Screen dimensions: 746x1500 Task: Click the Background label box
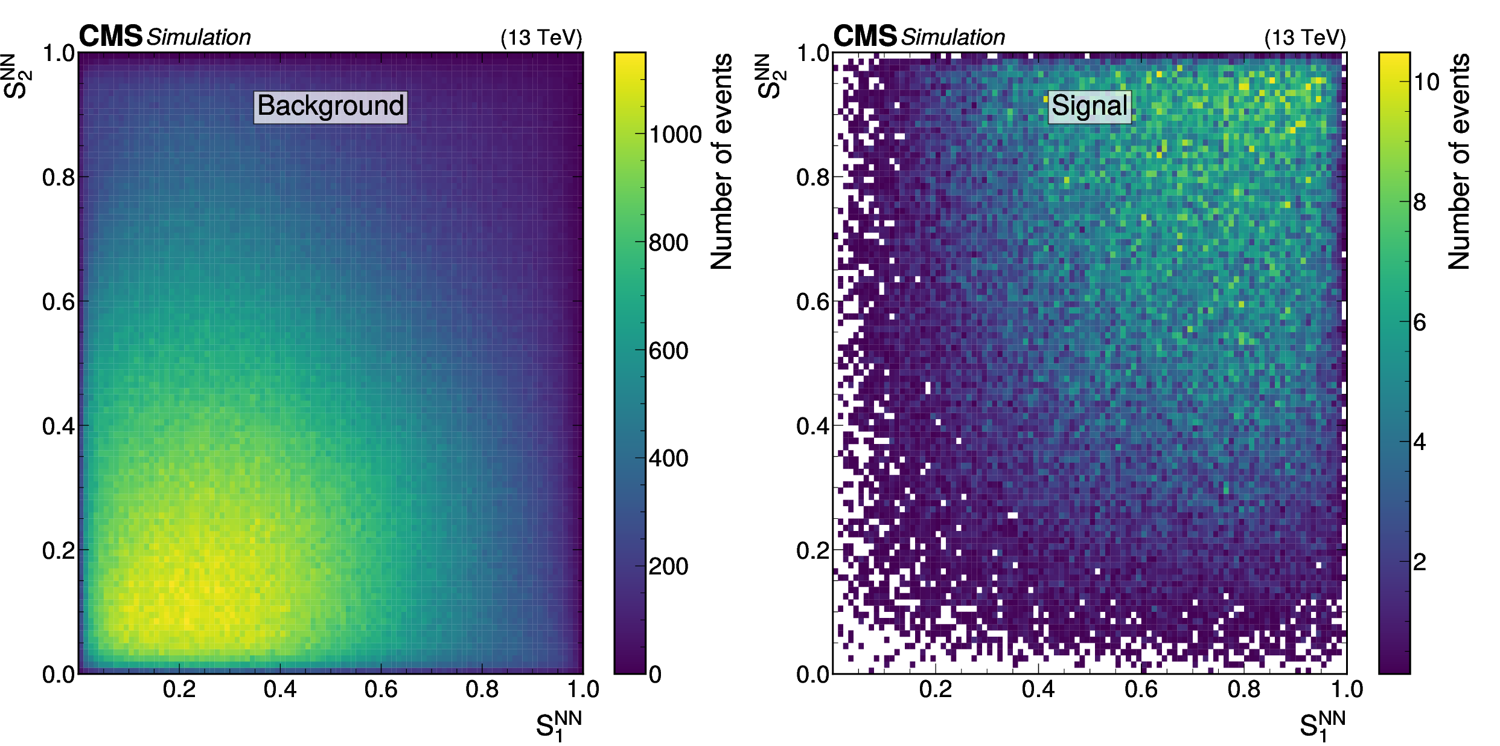pyautogui.click(x=330, y=106)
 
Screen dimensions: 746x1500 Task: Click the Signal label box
pyautogui.click(x=1089, y=106)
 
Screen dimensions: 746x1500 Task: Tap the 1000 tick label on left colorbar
pyautogui.click(x=675, y=135)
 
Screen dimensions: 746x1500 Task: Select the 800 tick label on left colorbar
pyautogui.click(x=668, y=243)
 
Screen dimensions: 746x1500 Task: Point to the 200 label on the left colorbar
pyautogui.click(x=668, y=567)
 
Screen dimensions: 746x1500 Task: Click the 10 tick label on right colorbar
pyautogui.click(x=1426, y=82)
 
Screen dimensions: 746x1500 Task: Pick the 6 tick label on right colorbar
pyautogui.click(x=1420, y=323)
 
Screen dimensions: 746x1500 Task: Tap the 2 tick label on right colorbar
pyautogui.click(x=1420, y=562)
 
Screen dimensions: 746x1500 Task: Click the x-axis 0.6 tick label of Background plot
pyautogui.click(x=381, y=689)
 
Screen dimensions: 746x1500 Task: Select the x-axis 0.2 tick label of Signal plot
pyautogui.click(x=936, y=689)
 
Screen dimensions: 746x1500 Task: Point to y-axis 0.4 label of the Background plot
pyautogui.click(x=59, y=426)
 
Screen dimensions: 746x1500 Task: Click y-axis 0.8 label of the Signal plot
pyautogui.click(x=812, y=178)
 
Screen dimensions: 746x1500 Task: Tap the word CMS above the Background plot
pyautogui.click(x=110, y=36)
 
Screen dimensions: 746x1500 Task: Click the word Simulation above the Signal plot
pyautogui.click(x=953, y=37)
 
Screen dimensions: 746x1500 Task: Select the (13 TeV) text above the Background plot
pyautogui.click(x=541, y=38)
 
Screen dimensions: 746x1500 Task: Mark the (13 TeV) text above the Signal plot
pyautogui.click(x=1305, y=38)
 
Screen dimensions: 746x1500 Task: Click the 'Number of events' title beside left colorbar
pyautogui.click(x=722, y=161)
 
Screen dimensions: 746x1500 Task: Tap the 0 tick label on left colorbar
pyautogui.click(x=655, y=675)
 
